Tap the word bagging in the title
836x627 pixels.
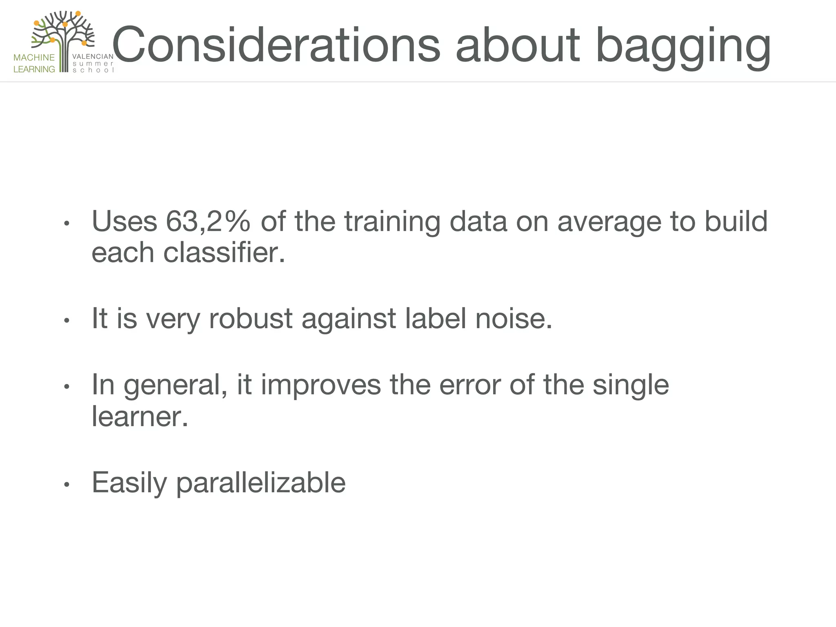(683, 47)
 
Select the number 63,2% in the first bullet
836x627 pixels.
(208, 221)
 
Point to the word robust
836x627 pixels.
(250, 318)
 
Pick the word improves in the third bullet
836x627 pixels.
(320, 385)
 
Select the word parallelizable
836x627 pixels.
(261, 483)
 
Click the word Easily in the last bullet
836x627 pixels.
(129, 483)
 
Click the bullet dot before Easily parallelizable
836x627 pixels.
(67, 485)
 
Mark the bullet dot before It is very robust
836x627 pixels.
(67, 321)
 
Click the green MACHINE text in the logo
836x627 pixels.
(34, 58)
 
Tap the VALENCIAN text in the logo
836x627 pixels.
(93, 57)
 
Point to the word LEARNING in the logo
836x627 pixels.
(34, 69)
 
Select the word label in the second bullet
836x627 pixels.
(435, 318)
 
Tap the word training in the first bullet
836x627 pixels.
(392, 221)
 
